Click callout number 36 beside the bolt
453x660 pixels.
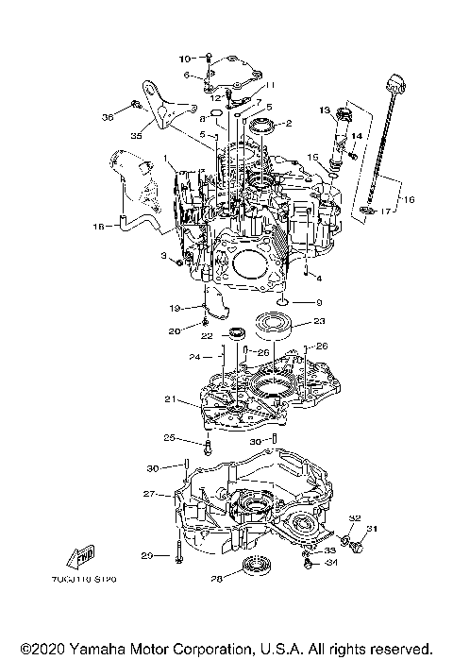tap(107, 117)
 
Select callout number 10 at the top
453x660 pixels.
tap(183, 59)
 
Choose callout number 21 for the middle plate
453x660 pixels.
tap(171, 399)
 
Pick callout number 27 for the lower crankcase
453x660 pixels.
tap(148, 493)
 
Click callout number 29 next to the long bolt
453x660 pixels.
tap(146, 554)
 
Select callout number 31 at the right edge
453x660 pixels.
tap(370, 527)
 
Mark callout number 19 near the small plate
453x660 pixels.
tap(175, 308)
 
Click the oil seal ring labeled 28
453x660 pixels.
tap(255, 568)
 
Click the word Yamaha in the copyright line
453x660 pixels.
tap(92, 648)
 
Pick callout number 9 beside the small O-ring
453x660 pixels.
tap(318, 303)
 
